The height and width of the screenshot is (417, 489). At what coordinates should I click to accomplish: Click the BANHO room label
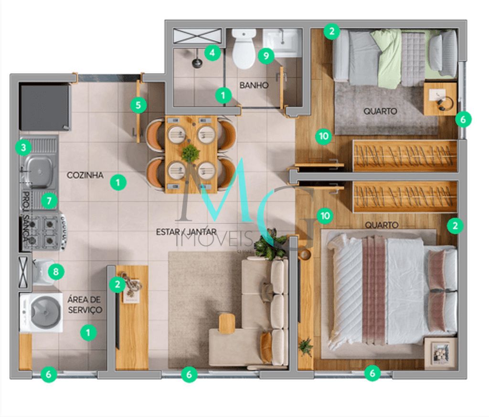[x=254, y=85]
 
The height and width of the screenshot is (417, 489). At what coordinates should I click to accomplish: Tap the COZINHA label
[x=85, y=175]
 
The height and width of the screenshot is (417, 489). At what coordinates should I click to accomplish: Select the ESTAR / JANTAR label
[x=187, y=232]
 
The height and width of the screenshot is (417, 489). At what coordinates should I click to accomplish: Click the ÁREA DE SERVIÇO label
[x=85, y=304]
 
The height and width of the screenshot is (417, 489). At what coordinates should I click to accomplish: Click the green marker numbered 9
[x=266, y=56]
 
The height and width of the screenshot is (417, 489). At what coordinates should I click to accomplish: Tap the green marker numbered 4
[x=213, y=52]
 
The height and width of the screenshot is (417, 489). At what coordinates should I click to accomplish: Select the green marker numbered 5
[x=138, y=105]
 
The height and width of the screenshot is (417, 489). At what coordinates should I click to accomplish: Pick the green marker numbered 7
[x=48, y=201]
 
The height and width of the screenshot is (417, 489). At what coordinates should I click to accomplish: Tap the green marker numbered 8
[x=56, y=272]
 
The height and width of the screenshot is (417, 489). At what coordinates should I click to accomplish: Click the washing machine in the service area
[x=42, y=313]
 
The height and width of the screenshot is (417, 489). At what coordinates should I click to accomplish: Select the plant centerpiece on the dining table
[x=191, y=153]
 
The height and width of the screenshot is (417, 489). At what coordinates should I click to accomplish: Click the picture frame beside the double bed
[x=440, y=353]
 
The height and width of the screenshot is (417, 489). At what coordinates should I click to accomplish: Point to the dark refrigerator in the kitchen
[x=44, y=107]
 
